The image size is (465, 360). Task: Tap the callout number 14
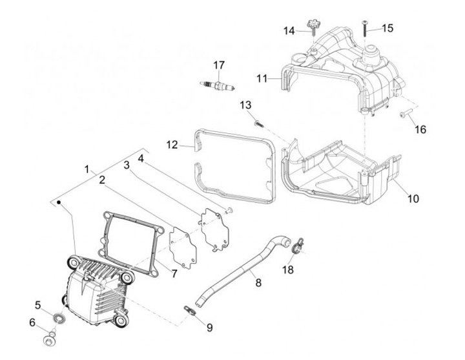point(289,30)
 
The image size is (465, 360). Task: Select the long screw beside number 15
point(365,27)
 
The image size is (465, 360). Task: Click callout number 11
point(261,78)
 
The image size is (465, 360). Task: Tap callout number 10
point(413,198)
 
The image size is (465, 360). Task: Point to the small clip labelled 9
point(189,310)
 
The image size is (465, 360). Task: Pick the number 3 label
point(127,165)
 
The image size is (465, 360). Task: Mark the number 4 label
point(141,156)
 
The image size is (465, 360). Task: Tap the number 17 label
point(219,65)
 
